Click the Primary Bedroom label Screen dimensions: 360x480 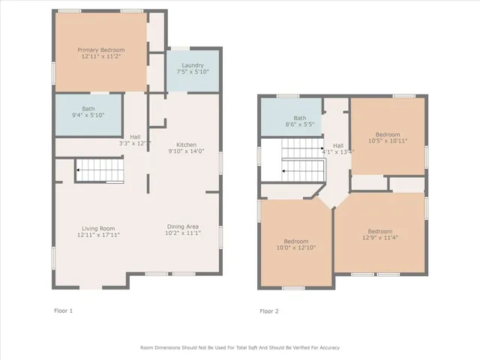click(x=102, y=50)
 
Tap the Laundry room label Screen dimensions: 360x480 click(x=192, y=65)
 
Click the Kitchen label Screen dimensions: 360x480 click(x=187, y=144)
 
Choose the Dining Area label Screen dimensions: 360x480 click(x=182, y=226)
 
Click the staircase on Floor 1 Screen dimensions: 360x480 click(x=100, y=170)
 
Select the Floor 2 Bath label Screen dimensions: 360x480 click(x=300, y=118)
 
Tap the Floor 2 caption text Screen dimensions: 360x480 click(x=268, y=310)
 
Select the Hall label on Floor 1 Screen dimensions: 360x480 click(x=135, y=136)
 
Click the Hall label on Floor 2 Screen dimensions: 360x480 click(x=338, y=145)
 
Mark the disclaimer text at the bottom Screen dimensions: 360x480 click(x=240, y=347)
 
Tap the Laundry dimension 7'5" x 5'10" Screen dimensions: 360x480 click(x=192, y=72)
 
